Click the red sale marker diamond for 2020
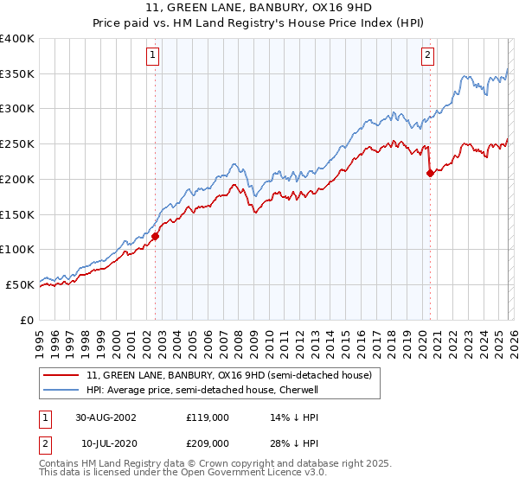click(x=430, y=173)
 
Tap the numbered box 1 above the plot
click(x=152, y=56)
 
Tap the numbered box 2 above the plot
click(x=427, y=56)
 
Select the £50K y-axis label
click(x=20, y=284)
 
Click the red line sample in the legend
click(x=62, y=376)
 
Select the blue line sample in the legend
click(x=62, y=390)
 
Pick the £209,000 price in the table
click(x=207, y=443)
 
